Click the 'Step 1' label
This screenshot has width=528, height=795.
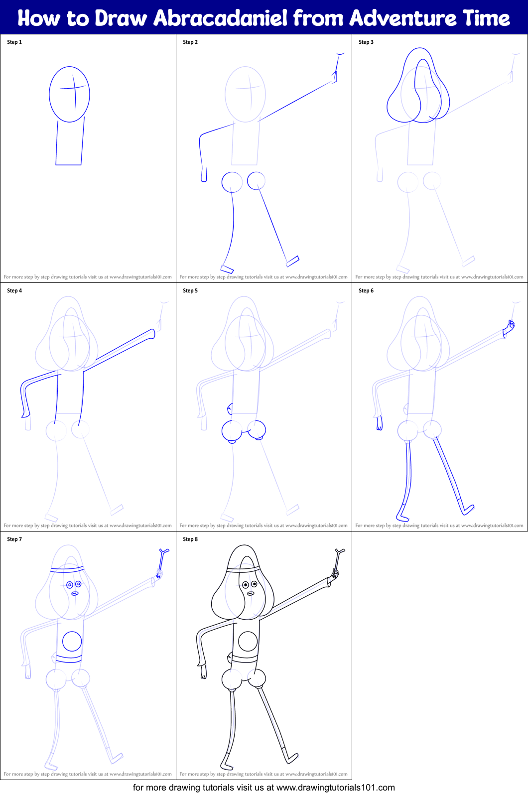[14, 42]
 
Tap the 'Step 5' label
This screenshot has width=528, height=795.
[190, 291]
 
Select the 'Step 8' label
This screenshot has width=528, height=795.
[190, 539]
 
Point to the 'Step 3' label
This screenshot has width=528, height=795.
[366, 42]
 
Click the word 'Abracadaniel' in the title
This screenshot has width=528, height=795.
[220, 18]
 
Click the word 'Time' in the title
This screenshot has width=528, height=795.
[486, 18]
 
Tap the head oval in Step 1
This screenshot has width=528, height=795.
[69, 94]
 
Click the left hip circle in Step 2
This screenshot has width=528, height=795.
[232, 182]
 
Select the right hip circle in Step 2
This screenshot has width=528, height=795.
[256, 181]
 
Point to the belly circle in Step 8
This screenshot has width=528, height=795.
[248, 642]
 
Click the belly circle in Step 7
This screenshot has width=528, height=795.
[72, 642]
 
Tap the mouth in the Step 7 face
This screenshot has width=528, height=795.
[75, 593]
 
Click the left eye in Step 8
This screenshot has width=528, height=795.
[246, 585]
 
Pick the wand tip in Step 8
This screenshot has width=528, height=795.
[340, 552]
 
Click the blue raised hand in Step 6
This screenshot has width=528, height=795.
[509, 329]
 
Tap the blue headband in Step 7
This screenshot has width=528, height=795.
[67, 569]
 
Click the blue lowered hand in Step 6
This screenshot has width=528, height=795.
[380, 423]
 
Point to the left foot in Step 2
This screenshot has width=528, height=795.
[227, 269]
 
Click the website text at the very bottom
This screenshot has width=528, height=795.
[264, 788]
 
